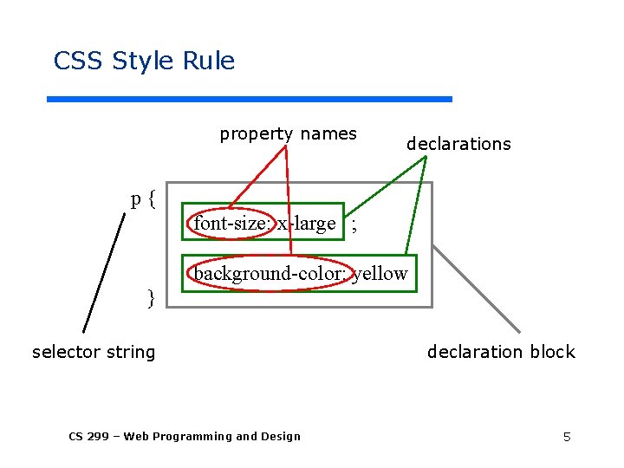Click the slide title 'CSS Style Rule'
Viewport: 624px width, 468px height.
coord(144,62)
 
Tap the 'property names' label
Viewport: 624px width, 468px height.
coord(288,133)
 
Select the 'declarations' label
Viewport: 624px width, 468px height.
coord(458,144)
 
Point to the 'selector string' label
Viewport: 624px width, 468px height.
coord(94,352)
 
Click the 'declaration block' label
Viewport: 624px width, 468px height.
coord(501,352)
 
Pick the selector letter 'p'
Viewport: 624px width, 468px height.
coord(136,199)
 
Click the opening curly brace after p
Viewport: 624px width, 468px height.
coord(152,199)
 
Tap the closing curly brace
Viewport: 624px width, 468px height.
coord(151,298)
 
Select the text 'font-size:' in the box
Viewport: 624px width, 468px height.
coord(231,224)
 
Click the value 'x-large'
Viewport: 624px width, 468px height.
coord(307,224)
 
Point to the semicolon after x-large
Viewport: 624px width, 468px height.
coord(353,225)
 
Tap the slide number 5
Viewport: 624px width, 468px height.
coord(567,437)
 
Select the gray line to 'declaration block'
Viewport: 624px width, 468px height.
coord(477,288)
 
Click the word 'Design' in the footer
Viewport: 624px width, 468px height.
coord(280,436)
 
